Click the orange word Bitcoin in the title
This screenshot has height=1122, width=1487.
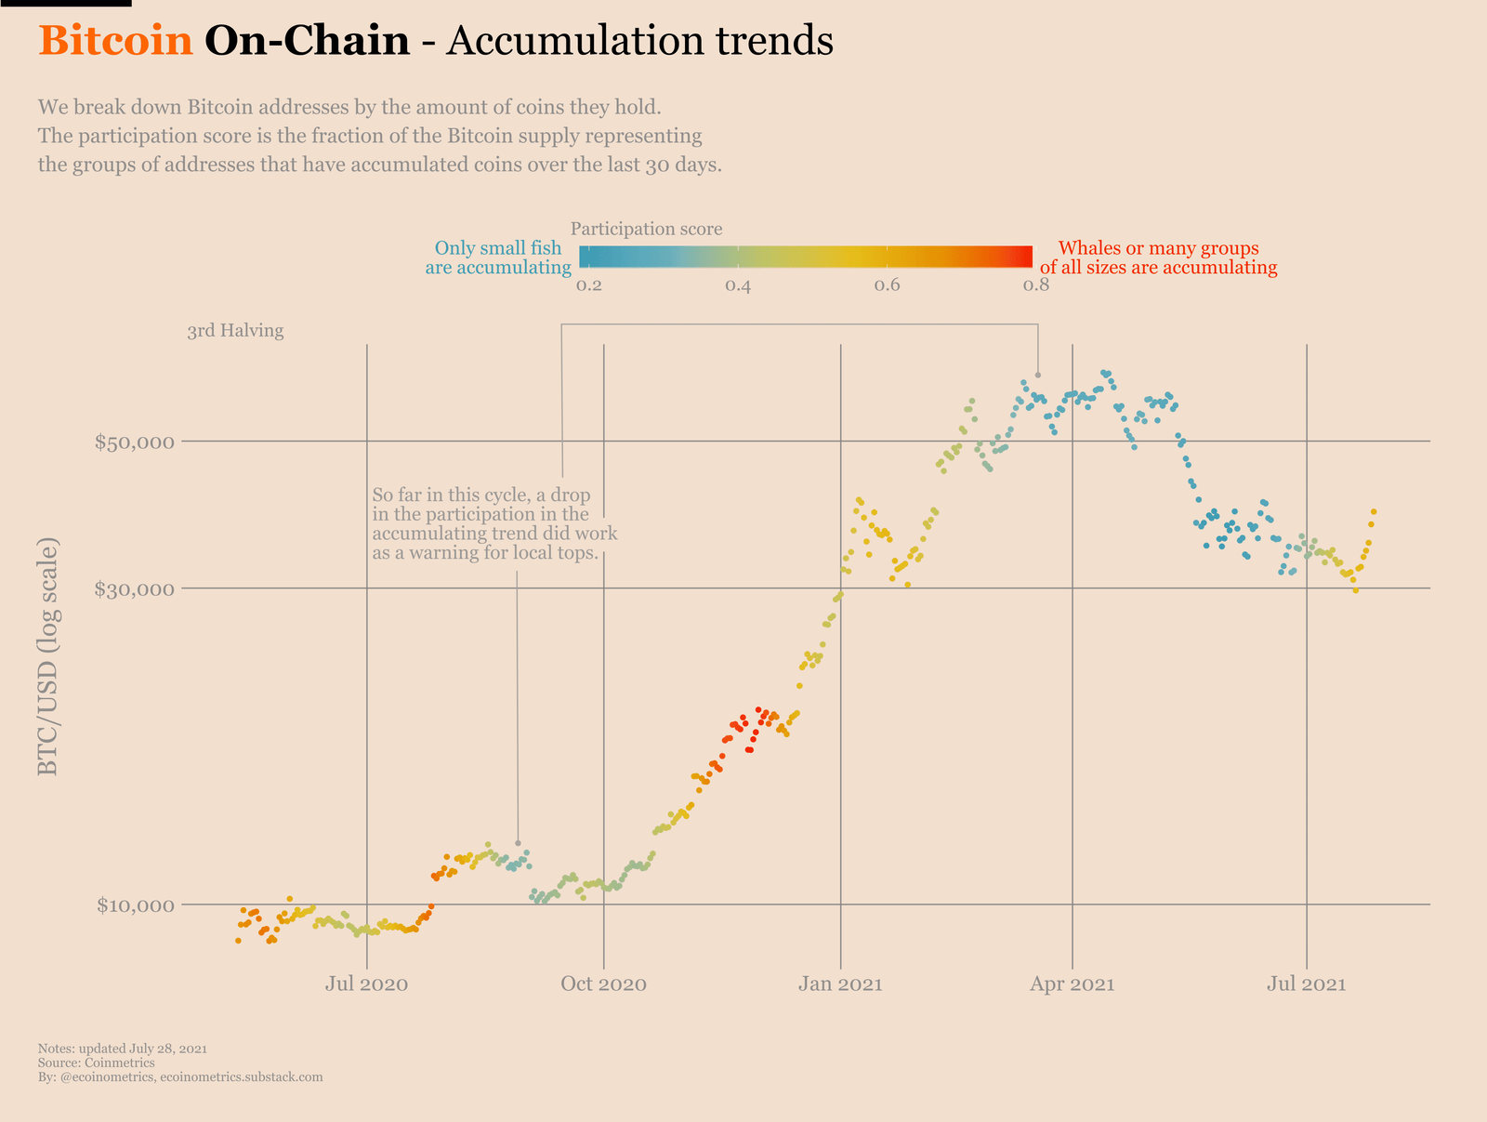click(115, 41)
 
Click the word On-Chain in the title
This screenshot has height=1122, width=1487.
click(307, 41)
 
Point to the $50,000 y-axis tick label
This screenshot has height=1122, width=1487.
click(135, 442)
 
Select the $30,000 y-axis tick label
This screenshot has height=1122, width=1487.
click(135, 588)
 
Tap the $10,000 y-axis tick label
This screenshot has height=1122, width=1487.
click(135, 904)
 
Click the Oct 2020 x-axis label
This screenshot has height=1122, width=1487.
click(604, 984)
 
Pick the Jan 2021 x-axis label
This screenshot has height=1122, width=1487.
click(840, 984)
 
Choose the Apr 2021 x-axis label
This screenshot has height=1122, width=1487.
click(1072, 984)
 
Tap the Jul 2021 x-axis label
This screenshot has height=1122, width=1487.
click(1308, 984)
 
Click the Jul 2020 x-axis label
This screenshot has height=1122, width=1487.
click(367, 984)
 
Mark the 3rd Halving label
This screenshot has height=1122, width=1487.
click(235, 331)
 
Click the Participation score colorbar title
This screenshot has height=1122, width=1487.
click(646, 229)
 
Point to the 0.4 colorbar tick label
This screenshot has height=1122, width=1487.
click(738, 285)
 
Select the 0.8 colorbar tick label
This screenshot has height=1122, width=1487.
click(1036, 285)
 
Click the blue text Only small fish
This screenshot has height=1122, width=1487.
click(498, 249)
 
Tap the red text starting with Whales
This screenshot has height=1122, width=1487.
click(1158, 249)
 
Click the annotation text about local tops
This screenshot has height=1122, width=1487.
click(493, 523)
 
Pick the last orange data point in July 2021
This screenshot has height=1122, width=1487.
click(1373, 511)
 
